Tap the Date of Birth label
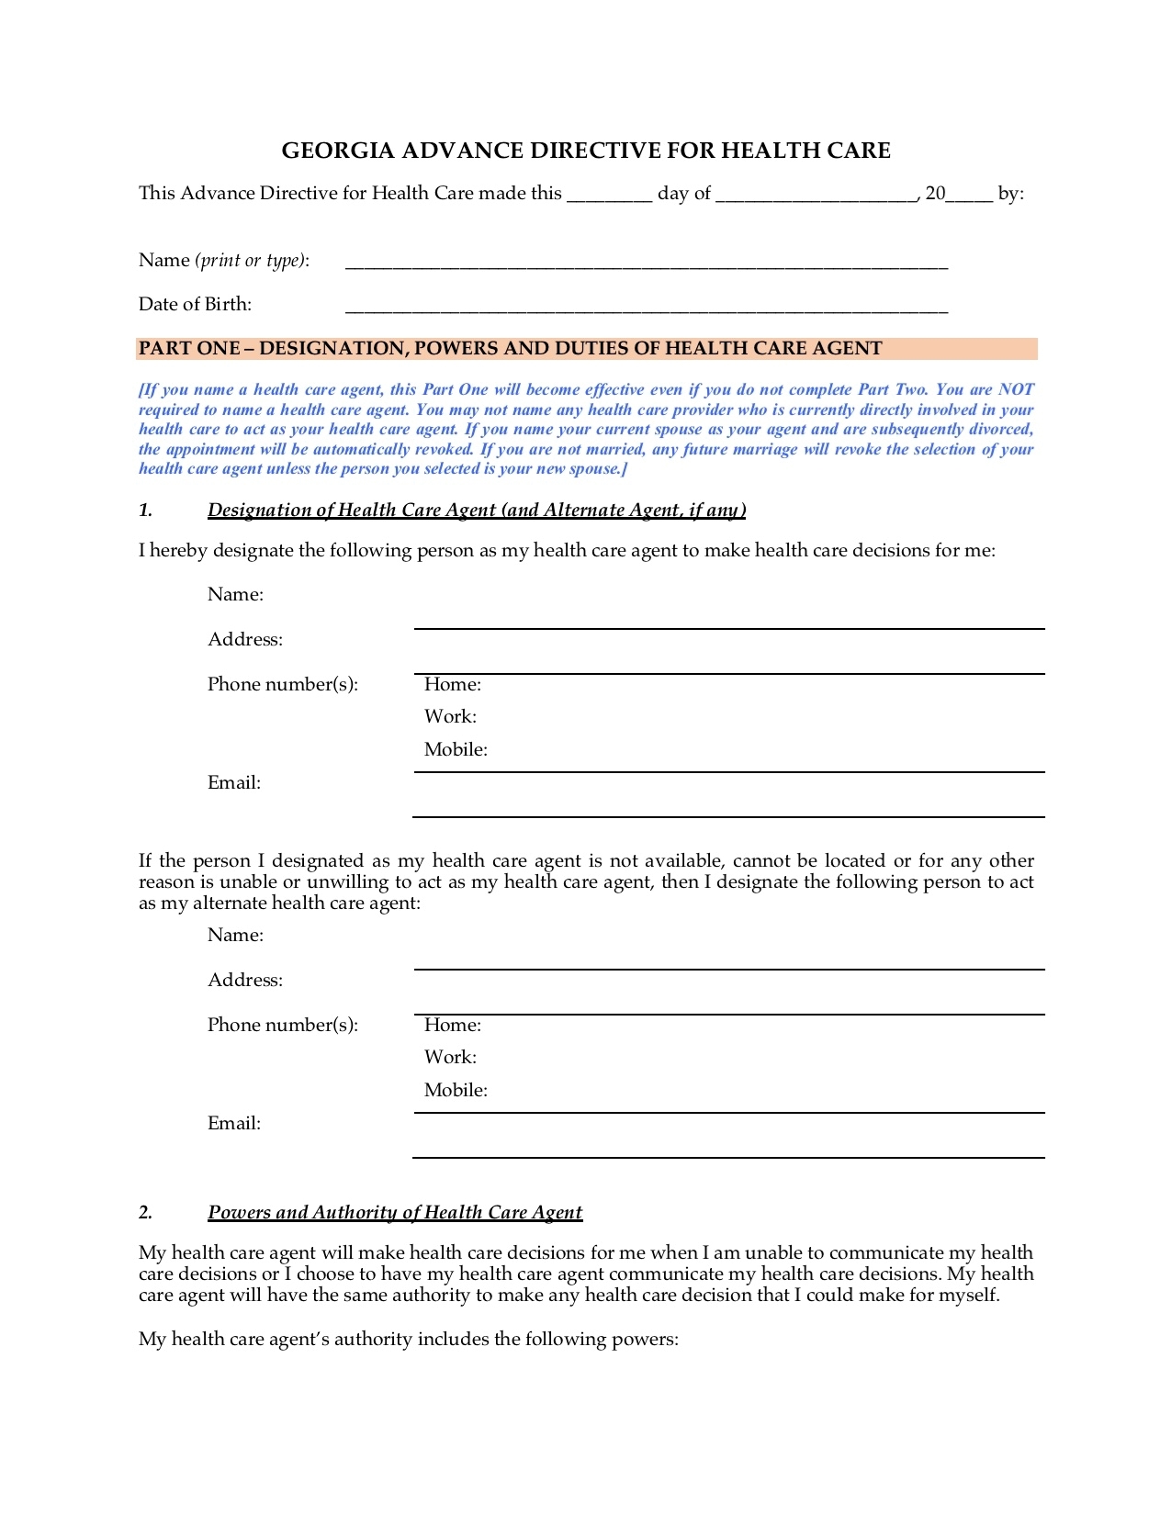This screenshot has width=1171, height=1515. click(x=195, y=305)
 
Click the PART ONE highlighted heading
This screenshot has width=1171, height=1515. click(x=510, y=349)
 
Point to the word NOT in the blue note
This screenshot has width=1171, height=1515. click(x=1016, y=389)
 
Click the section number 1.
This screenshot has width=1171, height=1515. click(x=145, y=511)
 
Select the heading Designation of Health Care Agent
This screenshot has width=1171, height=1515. click(x=477, y=511)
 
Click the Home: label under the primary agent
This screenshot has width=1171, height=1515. click(x=453, y=685)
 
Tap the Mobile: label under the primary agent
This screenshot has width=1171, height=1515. click(x=456, y=750)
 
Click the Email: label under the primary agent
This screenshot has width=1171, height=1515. click(x=234, y=783)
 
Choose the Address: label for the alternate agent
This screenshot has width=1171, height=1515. click(x=245, y=981)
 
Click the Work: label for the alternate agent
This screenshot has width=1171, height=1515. click(x=450, y=1058)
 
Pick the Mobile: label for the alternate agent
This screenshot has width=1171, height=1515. click(x=456, y=1091)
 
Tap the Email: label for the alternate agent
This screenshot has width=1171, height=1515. click(x=234, y=1124)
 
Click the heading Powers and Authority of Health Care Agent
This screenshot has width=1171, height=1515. click(x=395, y=1213)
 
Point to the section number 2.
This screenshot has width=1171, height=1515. click(x=145, y=1213)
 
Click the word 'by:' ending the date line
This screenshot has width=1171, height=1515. click(x=1010, y=194)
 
